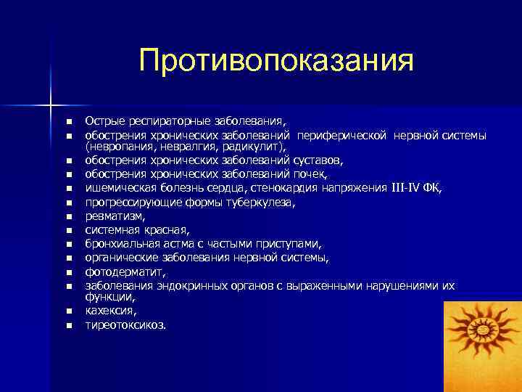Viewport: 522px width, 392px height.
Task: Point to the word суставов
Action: (318, 160)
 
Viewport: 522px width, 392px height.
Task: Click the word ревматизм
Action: (115, 216)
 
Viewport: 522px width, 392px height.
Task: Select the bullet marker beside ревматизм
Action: (68, 216)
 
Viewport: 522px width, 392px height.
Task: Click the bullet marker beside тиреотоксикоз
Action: (68, 325)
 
